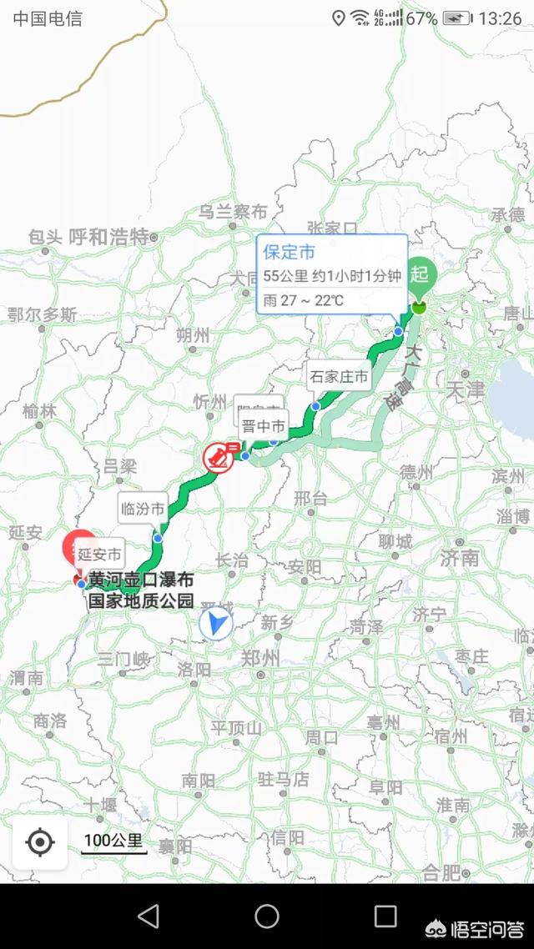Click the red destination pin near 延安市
(x=80, y=547)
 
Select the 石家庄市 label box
(x=339, y=376)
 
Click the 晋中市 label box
(x=264, y=427)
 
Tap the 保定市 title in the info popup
(x=290, y=252)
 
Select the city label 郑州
(x=259, y=657)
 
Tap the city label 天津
(x=465, y=389)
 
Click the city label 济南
(x=460, y=556)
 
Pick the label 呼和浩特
(x=108, y=236)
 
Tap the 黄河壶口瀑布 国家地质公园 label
(x=141, y=589)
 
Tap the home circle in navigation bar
(x=267, y=916)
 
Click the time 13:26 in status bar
(x=501, y=18)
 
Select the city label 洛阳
(x=194, y=669)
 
